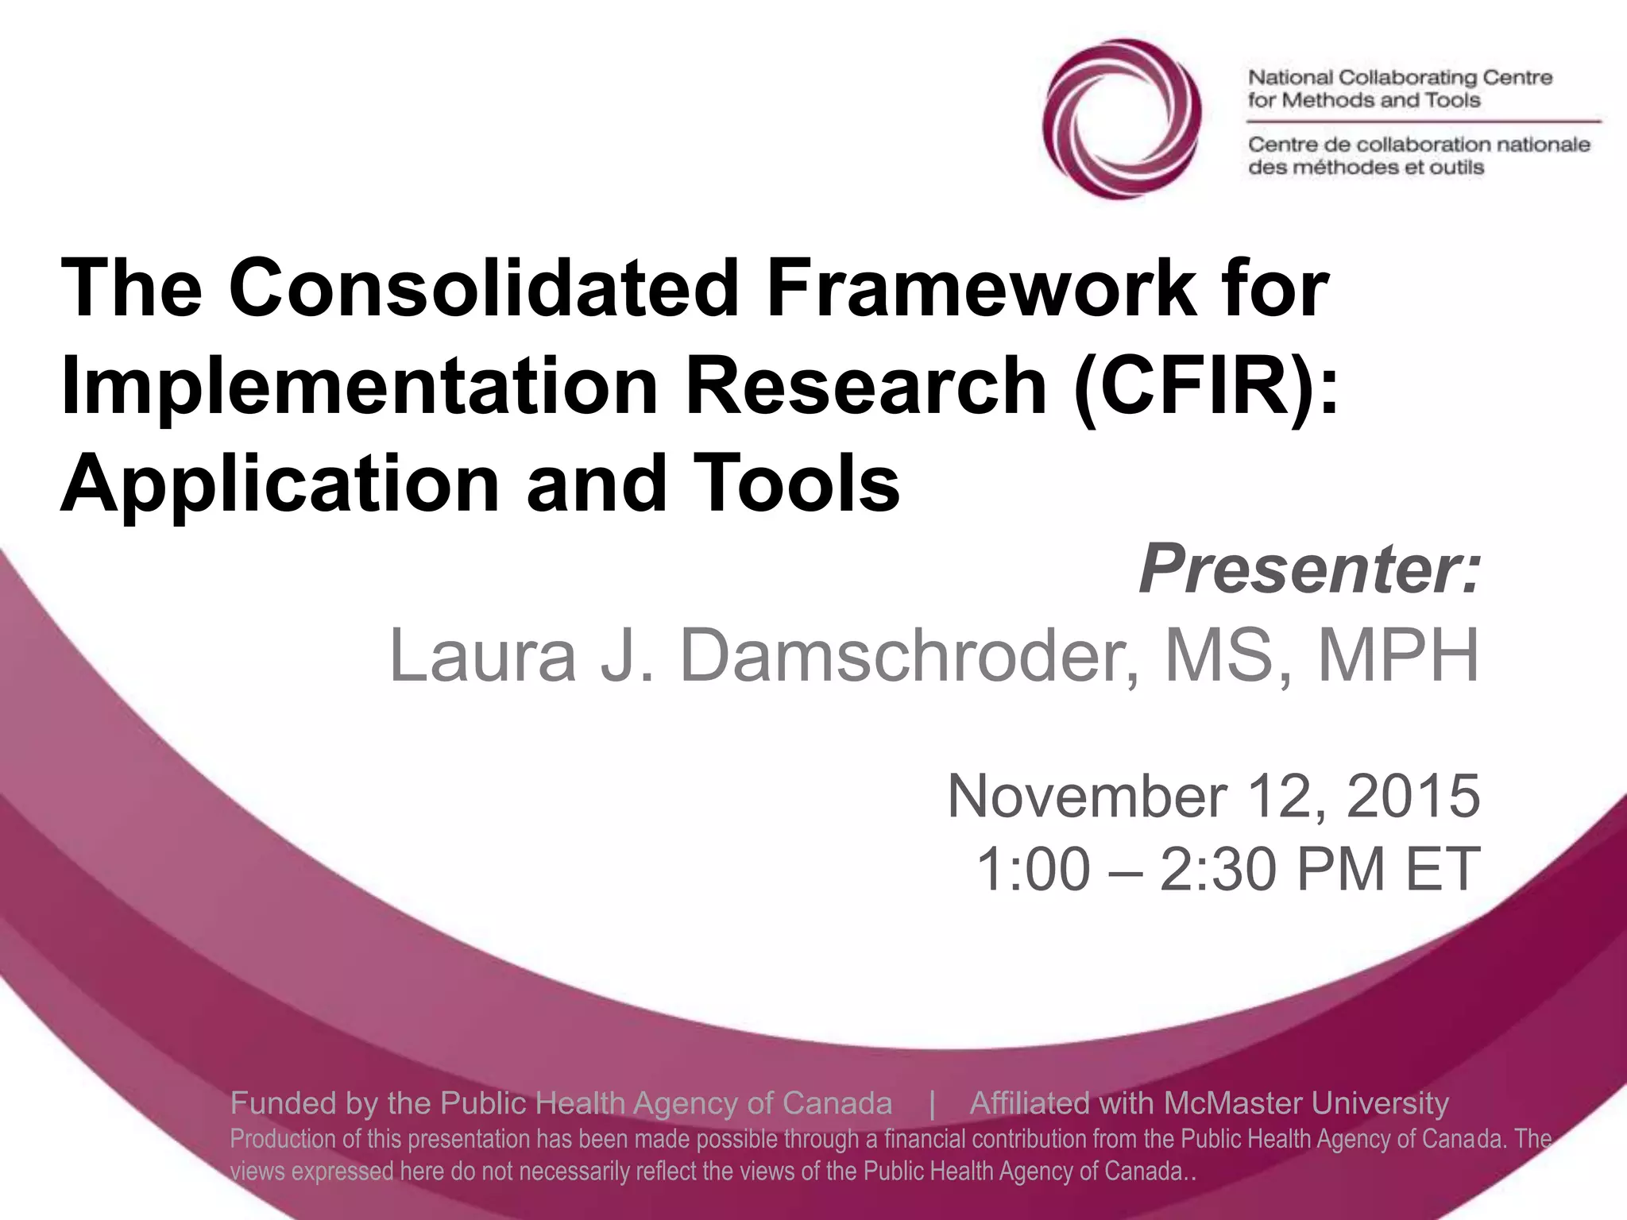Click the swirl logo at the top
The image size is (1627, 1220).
[x=1121, y=119]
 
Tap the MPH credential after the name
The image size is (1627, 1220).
[x=1399, y=655]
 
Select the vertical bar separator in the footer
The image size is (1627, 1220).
[x=932, y=1103]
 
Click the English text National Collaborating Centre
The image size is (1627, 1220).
[x=1400, y=78]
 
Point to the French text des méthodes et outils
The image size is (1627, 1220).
[x=1366, y=168]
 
